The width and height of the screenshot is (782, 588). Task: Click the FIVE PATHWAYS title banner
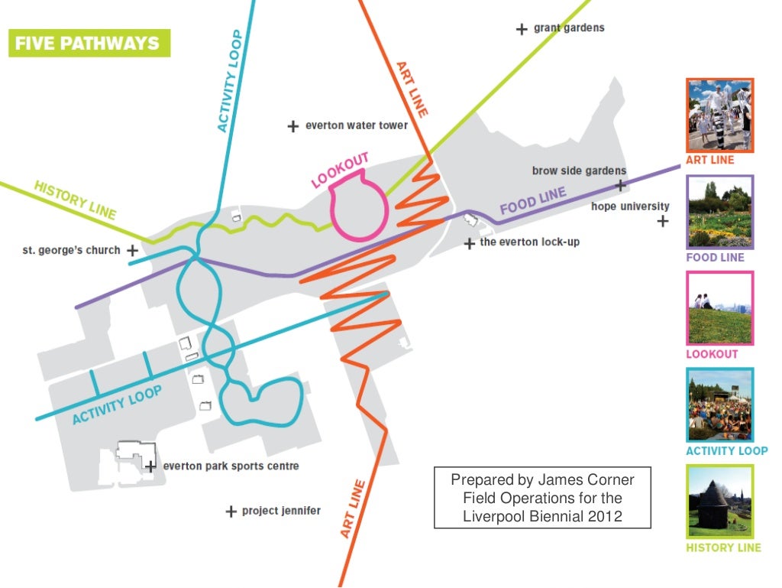click(x=89, y=42)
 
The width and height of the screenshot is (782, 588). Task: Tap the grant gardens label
click(x=568, y=28)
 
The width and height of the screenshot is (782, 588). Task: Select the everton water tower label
click(x=357, y=125)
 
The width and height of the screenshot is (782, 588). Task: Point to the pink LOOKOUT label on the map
click(x=340, y=170)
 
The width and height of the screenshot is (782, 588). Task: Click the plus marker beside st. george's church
click(x=133, y=250)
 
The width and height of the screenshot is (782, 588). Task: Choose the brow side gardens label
click(x=579, y=171)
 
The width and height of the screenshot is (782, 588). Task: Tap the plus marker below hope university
click(x=662, y=222)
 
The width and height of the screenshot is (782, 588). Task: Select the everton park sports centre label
click(x=231, y=466)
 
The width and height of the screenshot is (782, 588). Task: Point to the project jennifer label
click(x=281, y=511)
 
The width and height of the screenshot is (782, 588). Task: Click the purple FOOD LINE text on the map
click(x=533, y=201)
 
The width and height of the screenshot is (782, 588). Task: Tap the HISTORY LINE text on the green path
click(x=75, y=200)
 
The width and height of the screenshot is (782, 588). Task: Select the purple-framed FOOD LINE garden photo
click(x=719, y=213)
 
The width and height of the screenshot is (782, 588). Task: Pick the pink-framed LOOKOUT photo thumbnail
click(x=719, y=309)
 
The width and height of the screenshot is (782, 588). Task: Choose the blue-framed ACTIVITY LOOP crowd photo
click(x=719, y=405)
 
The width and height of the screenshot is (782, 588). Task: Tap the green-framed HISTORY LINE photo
click(x=719, y=502)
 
